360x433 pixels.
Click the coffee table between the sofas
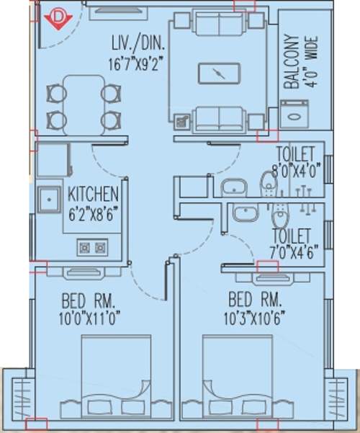click(217, 73)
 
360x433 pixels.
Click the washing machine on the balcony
click(294, 114)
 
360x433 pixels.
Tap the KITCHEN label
click(92, 194)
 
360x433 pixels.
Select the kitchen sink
click(49, 198)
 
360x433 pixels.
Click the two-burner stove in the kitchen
click(91, 248)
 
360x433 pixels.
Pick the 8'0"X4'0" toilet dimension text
click(295, 172)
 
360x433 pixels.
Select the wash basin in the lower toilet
click(246, 214)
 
